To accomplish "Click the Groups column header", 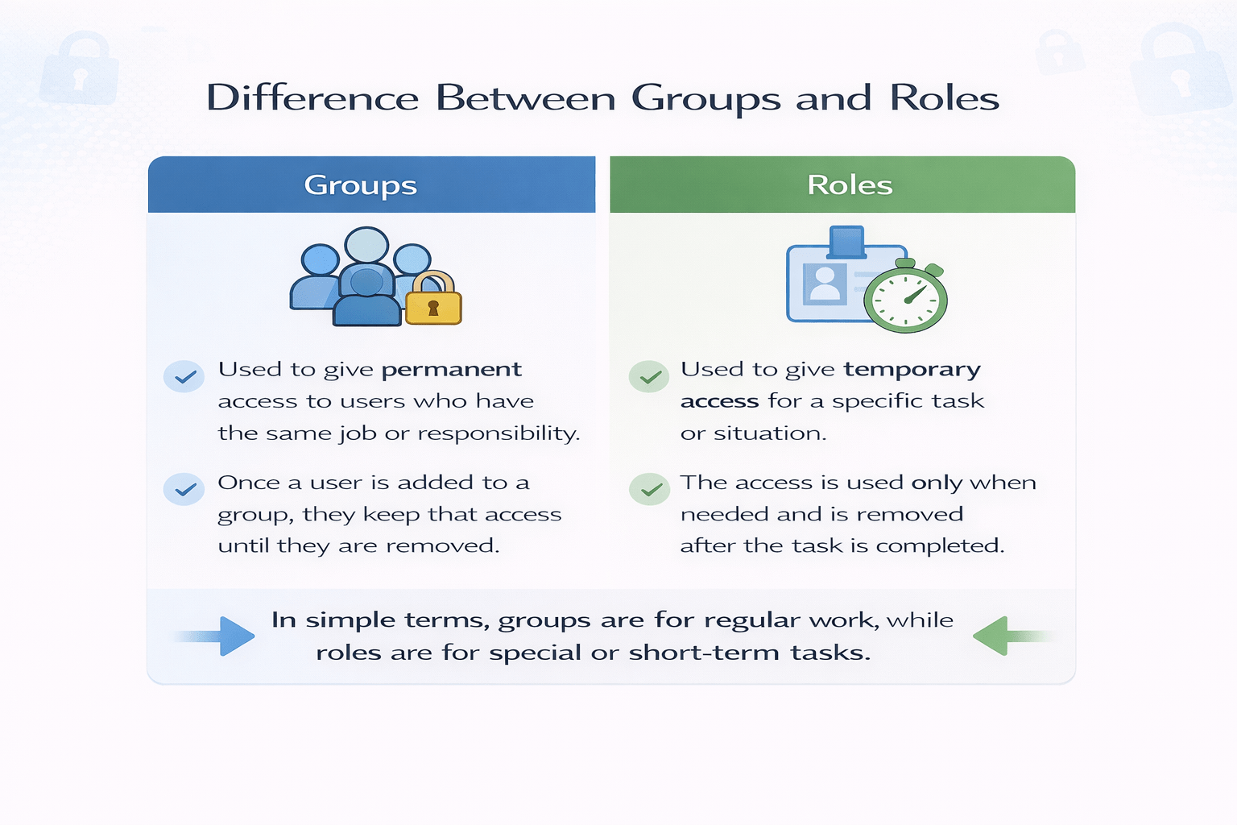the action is click(361, 185).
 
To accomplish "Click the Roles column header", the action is click(850, 185).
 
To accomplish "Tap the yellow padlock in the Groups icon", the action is click(433, 300).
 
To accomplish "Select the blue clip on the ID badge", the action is click(846, 241).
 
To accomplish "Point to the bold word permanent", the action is click(451, 370).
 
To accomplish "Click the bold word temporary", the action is click(912, 370).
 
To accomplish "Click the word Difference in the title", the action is click(312, 98).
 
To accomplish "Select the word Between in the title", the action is click(526, 98).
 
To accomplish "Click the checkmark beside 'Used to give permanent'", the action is click(184, 376).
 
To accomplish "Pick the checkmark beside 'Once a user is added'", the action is click(184, 489).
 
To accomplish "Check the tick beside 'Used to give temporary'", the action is click(649, 376).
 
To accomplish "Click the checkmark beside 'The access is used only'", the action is click(649, 489).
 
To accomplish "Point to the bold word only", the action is click(937, 483).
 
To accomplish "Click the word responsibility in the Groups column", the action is click(499, 433).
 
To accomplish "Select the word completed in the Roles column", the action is click(939, 546).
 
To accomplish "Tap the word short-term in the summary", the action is click(705, 653).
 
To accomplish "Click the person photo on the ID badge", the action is click(825, 284).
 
